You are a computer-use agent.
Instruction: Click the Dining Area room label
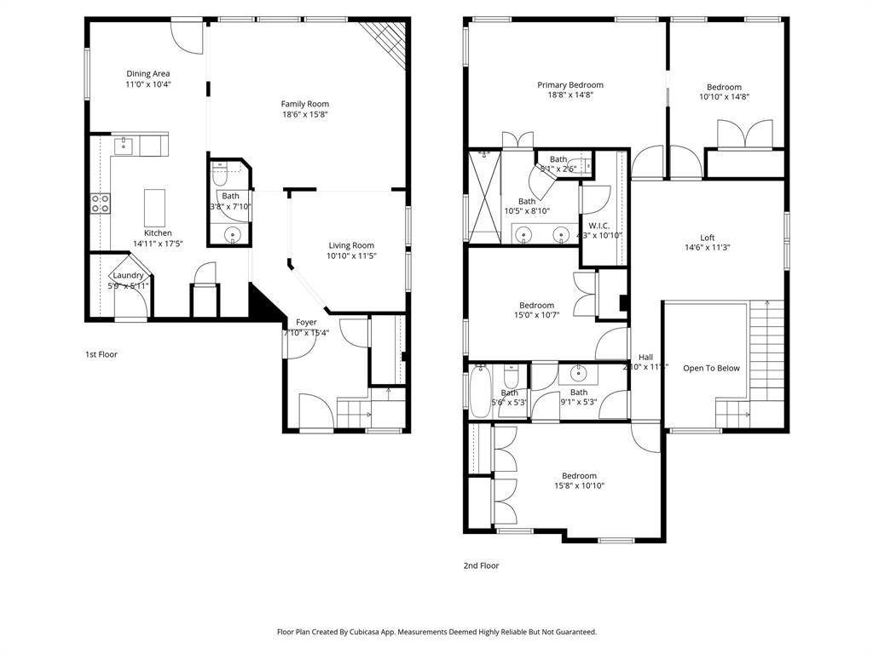point(149,73)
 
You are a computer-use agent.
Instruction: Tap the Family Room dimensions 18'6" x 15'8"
point(304,114)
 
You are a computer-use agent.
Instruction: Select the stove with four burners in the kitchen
point(101,203)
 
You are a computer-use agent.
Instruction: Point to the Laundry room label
point(128,275)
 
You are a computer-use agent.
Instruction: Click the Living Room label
point(351,245)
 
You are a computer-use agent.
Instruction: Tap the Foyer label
point(306,322)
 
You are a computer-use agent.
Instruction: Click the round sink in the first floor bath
point(231,233)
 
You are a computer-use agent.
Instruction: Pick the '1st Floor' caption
point(101,354)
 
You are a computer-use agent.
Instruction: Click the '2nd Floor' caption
point(482,565)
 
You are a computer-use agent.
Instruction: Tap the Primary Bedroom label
point(569,84)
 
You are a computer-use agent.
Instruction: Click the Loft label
point(707,238)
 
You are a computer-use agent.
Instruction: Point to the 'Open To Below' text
point(711,368)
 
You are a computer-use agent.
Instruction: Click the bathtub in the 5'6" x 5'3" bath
point(478,393)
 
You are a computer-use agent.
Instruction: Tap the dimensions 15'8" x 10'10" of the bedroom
point(578,486)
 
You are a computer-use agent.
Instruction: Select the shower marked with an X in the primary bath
point(483,198)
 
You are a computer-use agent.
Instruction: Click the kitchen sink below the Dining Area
point(124,146)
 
